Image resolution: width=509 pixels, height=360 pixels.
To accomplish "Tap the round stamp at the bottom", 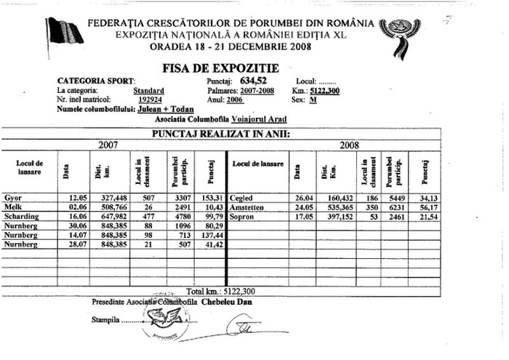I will pos(166,318).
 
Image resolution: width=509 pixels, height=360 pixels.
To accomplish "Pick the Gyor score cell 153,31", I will pos(212,198).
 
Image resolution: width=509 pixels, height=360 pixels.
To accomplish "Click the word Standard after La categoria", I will pos(148,91).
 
